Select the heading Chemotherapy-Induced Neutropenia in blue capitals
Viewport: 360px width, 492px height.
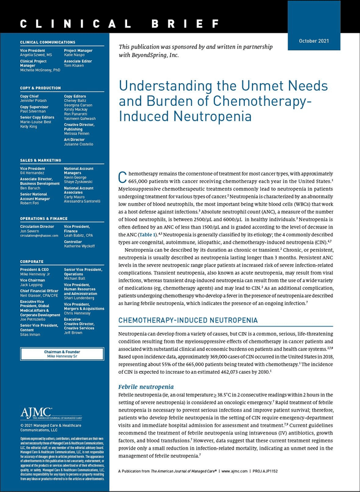click(188, 320)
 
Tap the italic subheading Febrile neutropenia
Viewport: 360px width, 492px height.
click(145, 387)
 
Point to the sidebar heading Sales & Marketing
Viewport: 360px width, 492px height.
click(40, 160)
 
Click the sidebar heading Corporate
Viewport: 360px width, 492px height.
click(31, 262)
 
